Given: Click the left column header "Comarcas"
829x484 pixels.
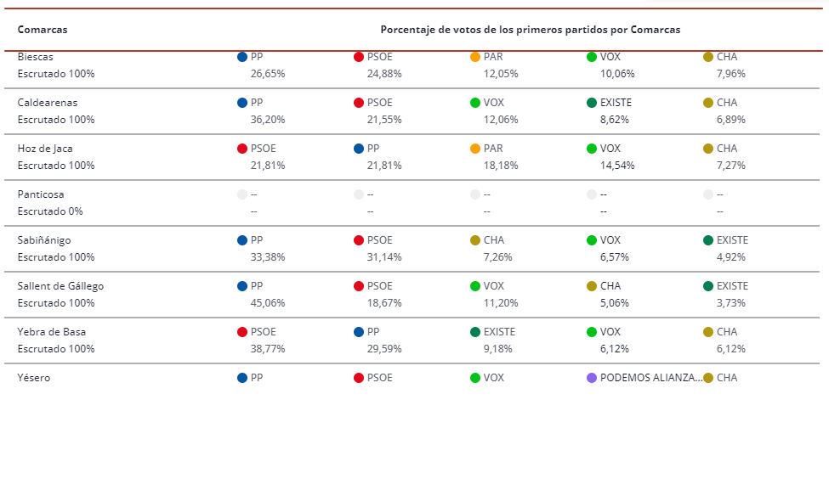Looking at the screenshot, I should [43, 30].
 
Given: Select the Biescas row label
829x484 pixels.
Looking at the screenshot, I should [35, 57].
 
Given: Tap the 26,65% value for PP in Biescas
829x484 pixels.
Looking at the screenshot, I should [268, 74].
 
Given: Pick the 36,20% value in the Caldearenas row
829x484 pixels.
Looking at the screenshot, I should [268, 120].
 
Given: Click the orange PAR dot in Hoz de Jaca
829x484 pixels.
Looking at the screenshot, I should [475, 149].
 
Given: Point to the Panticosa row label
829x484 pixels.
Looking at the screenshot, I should [41, 194].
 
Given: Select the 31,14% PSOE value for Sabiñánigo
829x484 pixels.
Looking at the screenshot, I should [384, 257].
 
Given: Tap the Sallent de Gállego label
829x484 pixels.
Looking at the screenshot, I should [60, 286].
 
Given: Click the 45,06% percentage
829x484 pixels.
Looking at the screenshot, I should [268, 303].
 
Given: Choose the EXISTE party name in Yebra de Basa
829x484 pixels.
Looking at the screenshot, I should [499, 332].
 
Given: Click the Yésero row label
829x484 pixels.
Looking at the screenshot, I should [34, 378].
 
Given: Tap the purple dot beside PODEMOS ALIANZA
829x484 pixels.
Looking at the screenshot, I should [592, 378].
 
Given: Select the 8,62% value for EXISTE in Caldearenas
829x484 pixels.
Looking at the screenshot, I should [615, 120].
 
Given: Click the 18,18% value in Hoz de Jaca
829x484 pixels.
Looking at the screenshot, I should [501, 166].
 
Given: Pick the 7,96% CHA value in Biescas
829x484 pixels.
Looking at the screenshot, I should [731, 74].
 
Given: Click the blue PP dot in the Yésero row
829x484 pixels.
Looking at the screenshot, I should [242, 378].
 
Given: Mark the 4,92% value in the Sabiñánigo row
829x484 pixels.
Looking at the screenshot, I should [731, 257].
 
